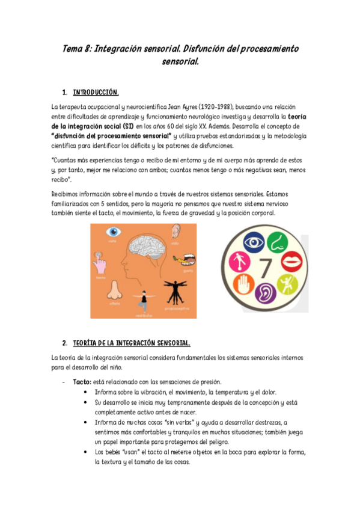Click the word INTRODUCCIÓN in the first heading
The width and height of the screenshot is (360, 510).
coord(96,93)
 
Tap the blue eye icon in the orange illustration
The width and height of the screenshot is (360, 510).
coord(112,232)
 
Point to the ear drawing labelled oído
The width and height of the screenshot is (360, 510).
coord(175,232)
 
